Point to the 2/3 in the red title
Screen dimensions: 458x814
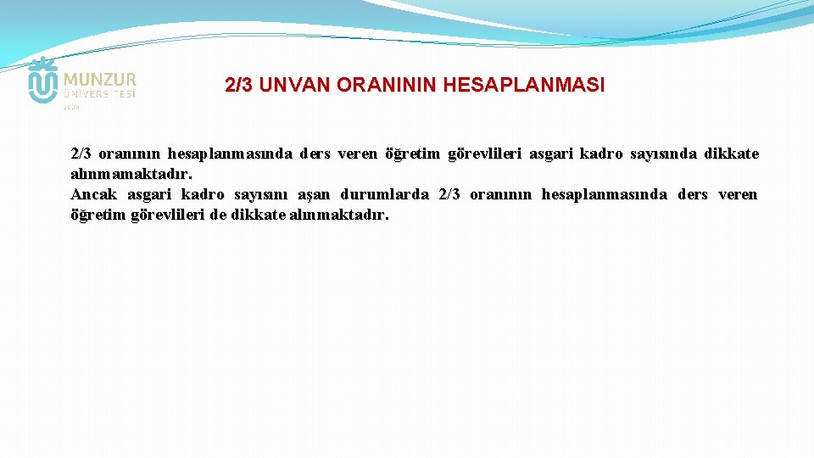240,86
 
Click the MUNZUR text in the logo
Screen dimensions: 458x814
99,79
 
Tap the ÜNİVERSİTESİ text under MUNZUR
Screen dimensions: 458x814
99,94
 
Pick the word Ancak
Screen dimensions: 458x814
94,195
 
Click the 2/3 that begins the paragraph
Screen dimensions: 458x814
81,154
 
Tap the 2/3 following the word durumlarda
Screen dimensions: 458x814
450,195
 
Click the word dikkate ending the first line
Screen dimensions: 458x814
731,154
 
